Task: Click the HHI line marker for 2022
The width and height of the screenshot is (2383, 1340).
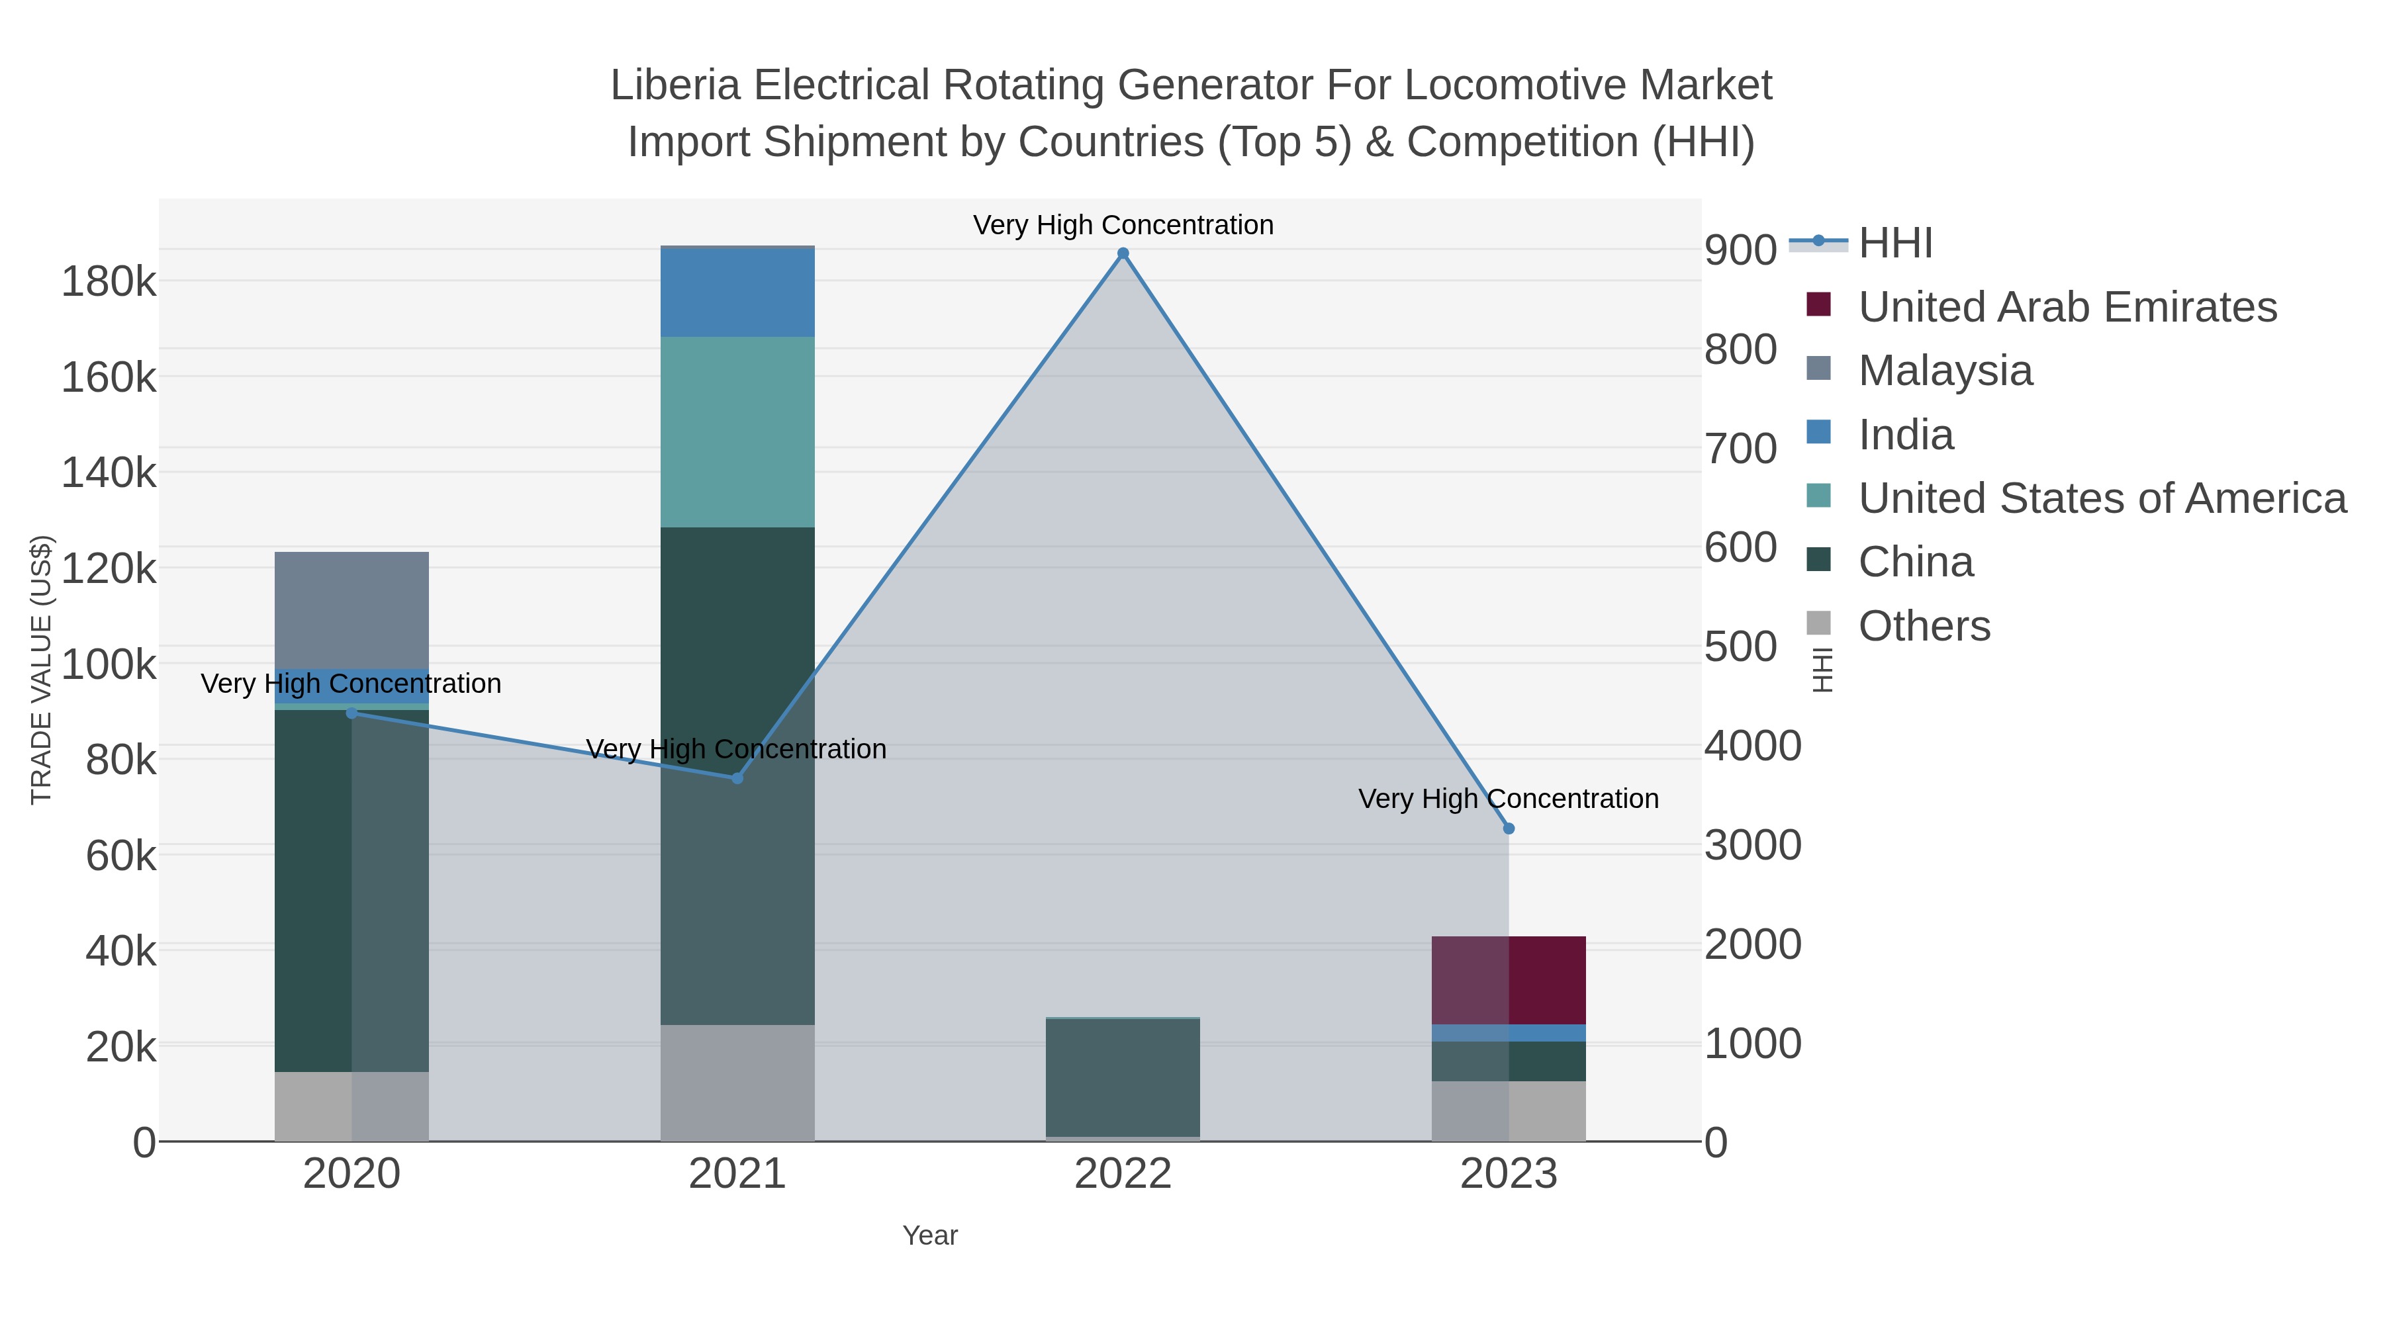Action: tap(1123, 253)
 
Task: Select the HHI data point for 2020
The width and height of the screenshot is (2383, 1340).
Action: tap(351, 713)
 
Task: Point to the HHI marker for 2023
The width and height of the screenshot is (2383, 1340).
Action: tap(1509, 828)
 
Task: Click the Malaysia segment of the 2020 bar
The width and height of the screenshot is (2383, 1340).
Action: tap(351, 610)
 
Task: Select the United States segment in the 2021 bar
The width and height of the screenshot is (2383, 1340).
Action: tap(737, 432)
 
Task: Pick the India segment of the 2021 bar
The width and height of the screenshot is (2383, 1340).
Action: tap(737, 292)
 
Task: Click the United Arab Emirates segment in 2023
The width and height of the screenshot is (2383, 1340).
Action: tap(1509, 980)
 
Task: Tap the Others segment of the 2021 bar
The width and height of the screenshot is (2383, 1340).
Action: tap(737, 1083)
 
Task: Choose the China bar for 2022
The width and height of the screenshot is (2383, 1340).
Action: tap(1123, 1077)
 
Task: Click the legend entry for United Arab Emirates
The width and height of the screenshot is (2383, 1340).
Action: tap(2067, 307)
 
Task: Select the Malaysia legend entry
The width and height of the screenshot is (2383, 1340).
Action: tap(1945, 371)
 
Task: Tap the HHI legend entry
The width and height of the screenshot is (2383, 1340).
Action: tap(1894, 244)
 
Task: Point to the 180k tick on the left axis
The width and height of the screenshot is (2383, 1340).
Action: tap(109, 281)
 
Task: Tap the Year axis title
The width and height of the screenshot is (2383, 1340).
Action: tap(930, 1235)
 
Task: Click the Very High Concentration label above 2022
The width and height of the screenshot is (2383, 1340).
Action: tap(1123, 225)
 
